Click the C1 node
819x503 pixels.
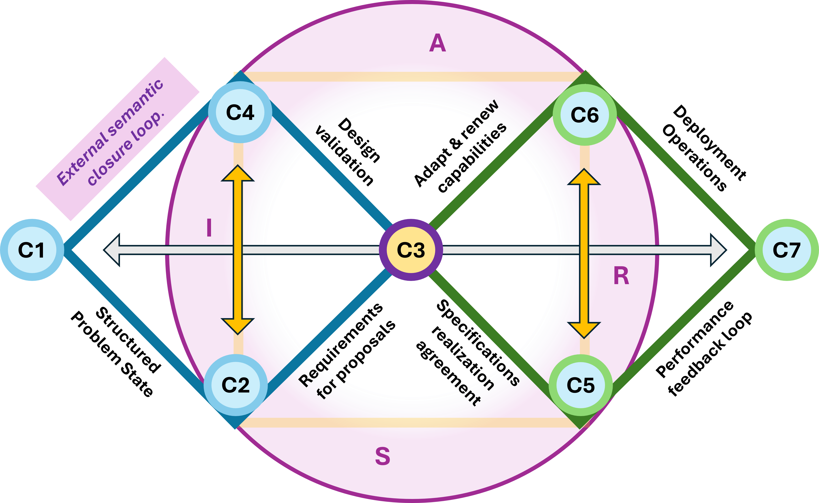coord(32,250)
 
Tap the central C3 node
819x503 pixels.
coord(411,250)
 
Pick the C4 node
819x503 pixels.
coord(240,112)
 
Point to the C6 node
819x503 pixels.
coord(585,115)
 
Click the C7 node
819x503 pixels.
coord(786,250)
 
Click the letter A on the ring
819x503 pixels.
coord(437,43)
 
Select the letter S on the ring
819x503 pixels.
coord(382,456)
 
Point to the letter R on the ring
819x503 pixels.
coord(621,276)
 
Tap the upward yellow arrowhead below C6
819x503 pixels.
coord(584,177)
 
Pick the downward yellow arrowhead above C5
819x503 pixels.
coord(584,330)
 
